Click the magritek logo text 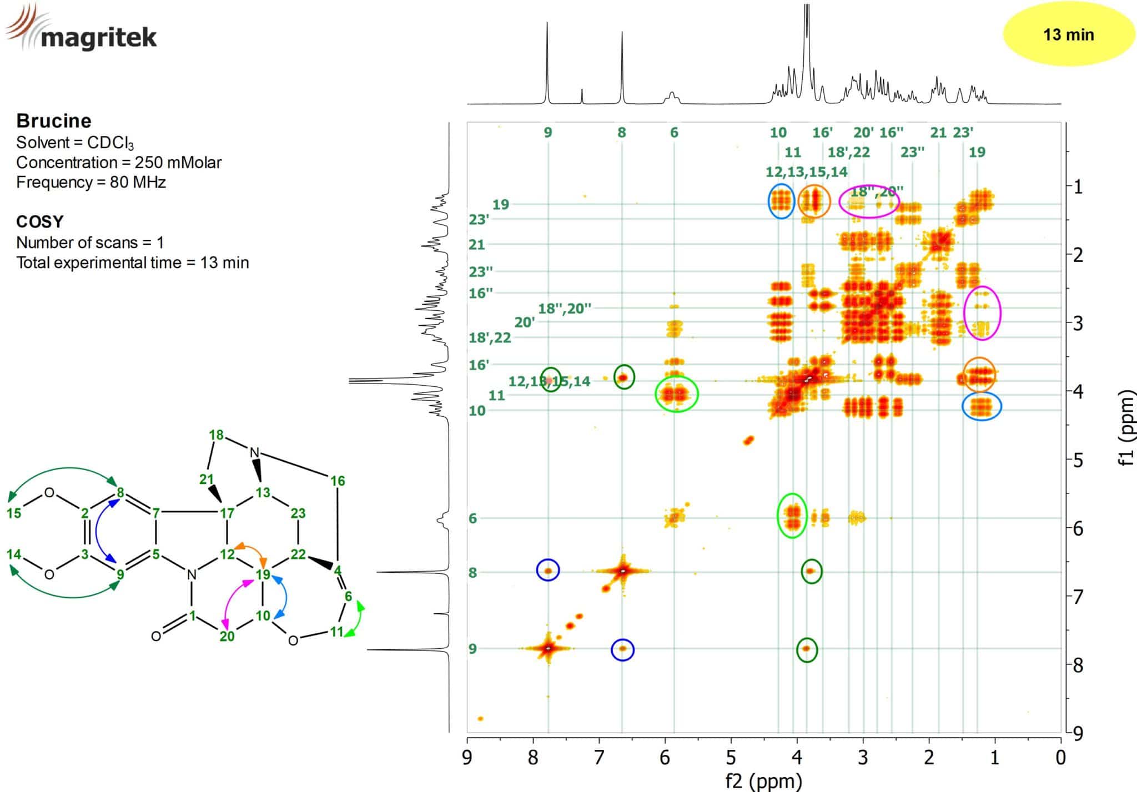point(99,38)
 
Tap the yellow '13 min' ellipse point(1068,35)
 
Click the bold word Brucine point(54,120)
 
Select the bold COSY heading point(40,221)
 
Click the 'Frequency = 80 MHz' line point(91,182)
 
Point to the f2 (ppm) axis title point(763,781)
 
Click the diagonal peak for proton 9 point(548,648)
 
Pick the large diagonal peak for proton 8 point(622,571)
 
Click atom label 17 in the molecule point(227,513)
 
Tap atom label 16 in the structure point(338,481)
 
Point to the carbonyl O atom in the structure point(156,636)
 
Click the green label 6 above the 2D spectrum point(674,133)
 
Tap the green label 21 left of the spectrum point(477,244)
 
